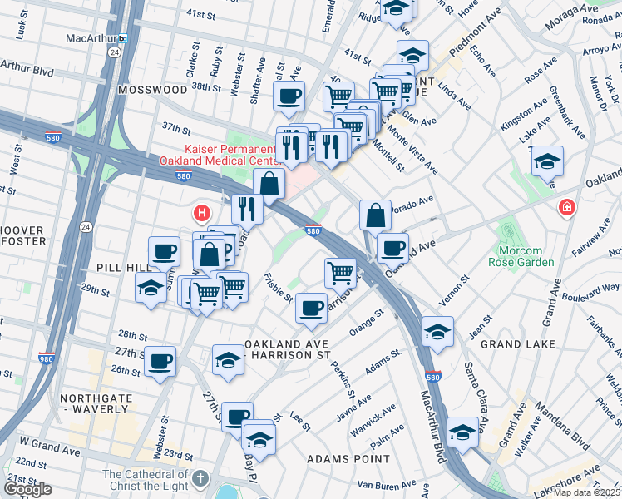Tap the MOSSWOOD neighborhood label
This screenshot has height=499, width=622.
point(152,89)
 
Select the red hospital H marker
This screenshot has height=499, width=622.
point(200,214)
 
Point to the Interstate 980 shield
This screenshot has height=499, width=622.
point(47,359)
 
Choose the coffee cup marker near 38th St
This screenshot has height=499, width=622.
point(289,96)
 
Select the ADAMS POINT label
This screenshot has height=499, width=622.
point(348,458)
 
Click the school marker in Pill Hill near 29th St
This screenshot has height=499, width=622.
point(151,288)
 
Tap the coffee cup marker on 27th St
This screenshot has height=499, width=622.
point(160,361)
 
